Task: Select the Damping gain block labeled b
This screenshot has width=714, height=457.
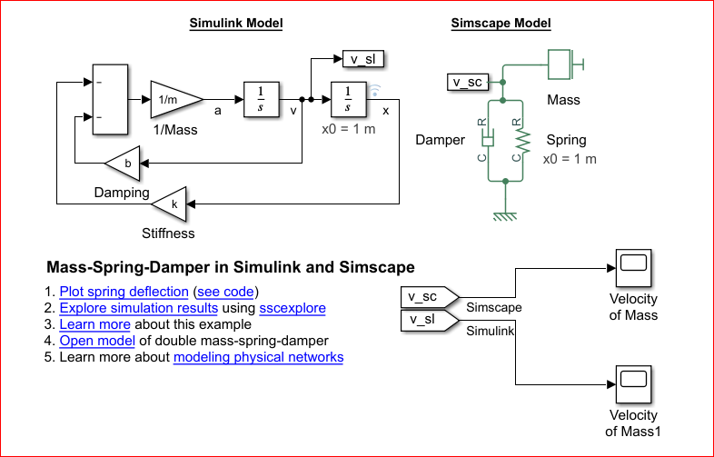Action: point(124,164)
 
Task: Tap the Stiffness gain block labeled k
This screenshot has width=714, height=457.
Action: point(172,204)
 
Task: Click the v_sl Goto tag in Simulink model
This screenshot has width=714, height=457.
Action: point(362,60)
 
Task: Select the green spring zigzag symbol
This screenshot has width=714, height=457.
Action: point(521,140)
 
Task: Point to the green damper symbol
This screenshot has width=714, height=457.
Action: point(488,140)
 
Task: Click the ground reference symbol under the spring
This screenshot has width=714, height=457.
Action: point(505,215)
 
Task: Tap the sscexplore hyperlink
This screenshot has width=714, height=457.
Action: point(292,308)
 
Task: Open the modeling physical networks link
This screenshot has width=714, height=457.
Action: point(258,357)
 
